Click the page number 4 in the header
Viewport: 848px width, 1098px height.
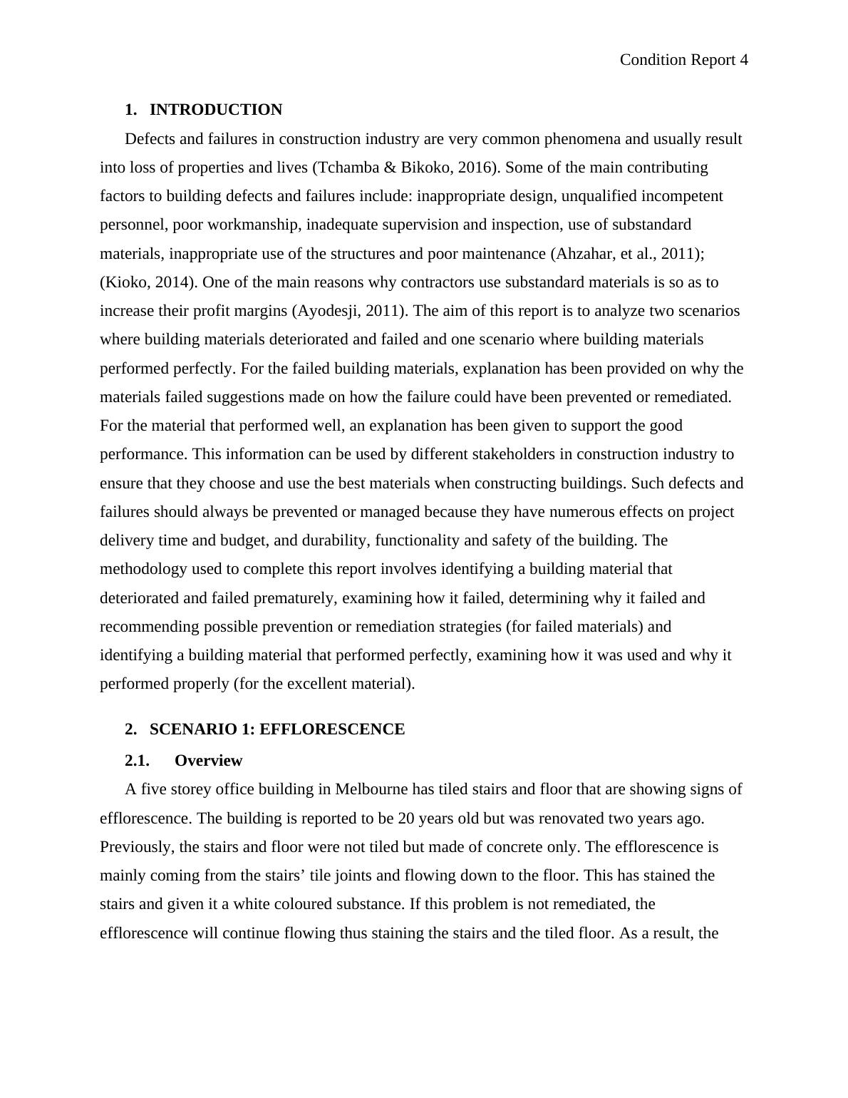[x=744, y=60]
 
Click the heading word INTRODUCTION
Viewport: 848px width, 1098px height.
[x=216, y=110]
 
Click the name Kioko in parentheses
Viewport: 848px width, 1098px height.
[x=125, y=282]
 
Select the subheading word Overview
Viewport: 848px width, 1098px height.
[x=208, y=761]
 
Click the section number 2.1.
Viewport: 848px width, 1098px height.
[x=137, y=761]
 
